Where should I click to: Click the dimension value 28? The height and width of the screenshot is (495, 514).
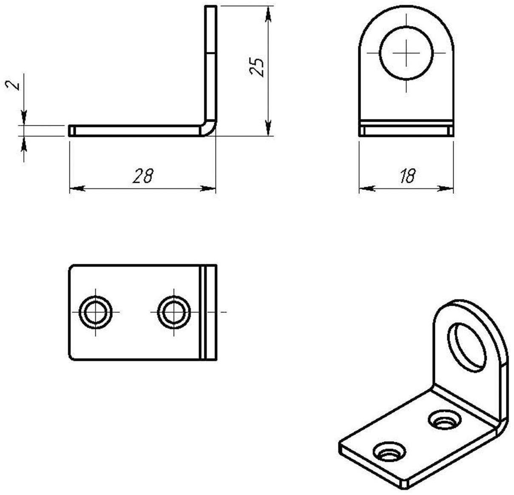point(143,176)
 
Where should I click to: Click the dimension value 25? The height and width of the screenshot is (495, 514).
point(257,67)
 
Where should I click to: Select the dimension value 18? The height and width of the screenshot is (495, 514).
point(407,176)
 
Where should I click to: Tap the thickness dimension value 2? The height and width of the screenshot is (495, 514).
point(14,85)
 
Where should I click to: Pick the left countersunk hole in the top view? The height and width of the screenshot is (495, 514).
point(96,312)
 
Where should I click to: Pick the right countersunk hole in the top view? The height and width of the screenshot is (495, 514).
point(174,312)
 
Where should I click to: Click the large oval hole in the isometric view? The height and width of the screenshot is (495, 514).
point(467,347)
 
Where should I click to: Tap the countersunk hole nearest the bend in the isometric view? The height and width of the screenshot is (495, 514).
point(445,420)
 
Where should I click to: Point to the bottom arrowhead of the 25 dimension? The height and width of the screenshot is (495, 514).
point(268,128)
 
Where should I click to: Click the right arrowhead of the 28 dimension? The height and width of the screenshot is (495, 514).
point(208,188)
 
